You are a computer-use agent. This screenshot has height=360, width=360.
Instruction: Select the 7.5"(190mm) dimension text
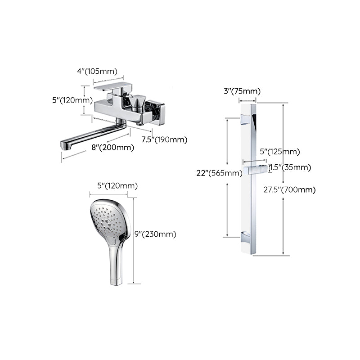click(164, 140)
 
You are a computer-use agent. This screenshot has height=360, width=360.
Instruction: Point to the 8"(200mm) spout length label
click(112, 147)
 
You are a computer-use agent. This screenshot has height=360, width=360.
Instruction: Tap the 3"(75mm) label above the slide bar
click(242, 91)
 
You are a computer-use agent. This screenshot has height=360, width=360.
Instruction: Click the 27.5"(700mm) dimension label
click(289, 189)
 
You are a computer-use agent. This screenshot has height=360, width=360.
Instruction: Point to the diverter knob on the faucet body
click(137, 103)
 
